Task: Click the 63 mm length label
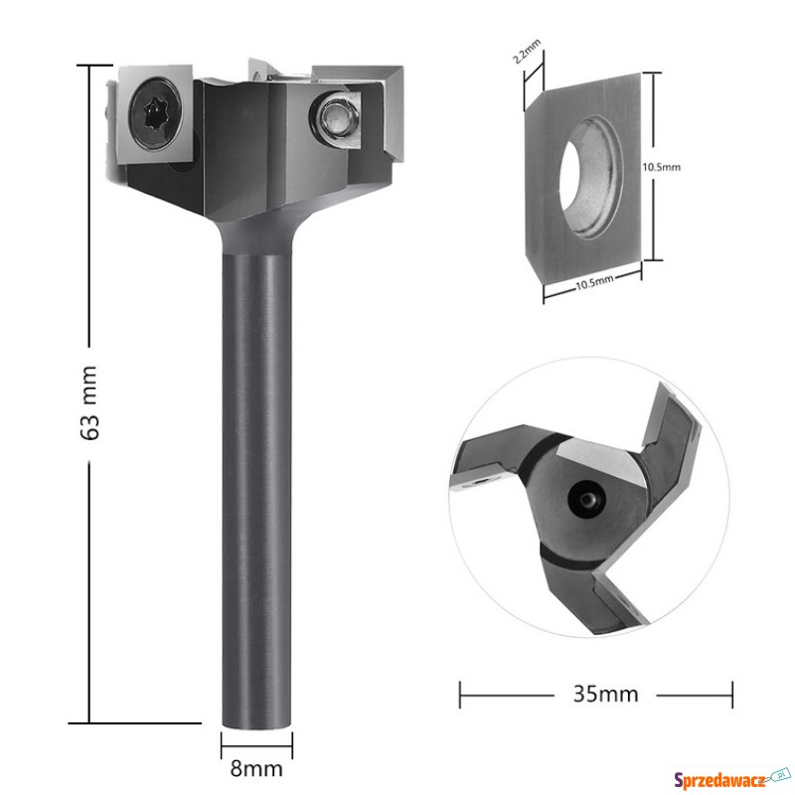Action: point(89,403)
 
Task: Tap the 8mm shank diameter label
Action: point(256,768)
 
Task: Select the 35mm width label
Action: point(605,694)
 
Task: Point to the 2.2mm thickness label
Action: point(527,51)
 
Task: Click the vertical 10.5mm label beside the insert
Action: point(661,167)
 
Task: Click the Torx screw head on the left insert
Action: point(155,113)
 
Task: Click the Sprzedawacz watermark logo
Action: point(731,778)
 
